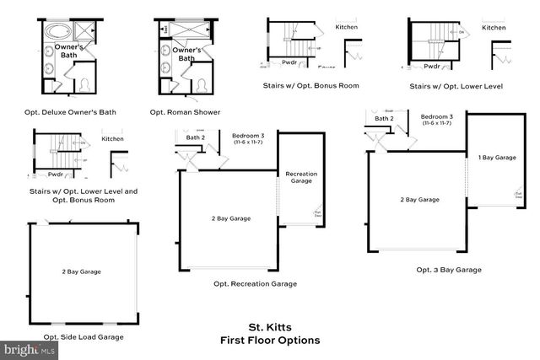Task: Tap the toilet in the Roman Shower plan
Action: [202, 86]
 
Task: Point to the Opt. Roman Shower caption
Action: [185, 112]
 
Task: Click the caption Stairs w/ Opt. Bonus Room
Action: [310, 85]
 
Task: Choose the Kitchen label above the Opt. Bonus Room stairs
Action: [347, 27]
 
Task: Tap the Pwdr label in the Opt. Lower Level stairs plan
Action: [433, 66]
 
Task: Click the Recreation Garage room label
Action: [301, 177]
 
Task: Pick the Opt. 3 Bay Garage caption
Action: [448, 270]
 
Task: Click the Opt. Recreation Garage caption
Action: [255, 283]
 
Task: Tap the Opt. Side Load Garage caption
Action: [83, 336]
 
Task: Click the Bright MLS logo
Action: [30, 347]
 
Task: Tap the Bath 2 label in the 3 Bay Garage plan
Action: [385, 119]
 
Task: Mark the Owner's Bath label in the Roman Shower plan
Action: [186, 55]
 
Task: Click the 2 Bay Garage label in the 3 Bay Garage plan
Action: [419, 200]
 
